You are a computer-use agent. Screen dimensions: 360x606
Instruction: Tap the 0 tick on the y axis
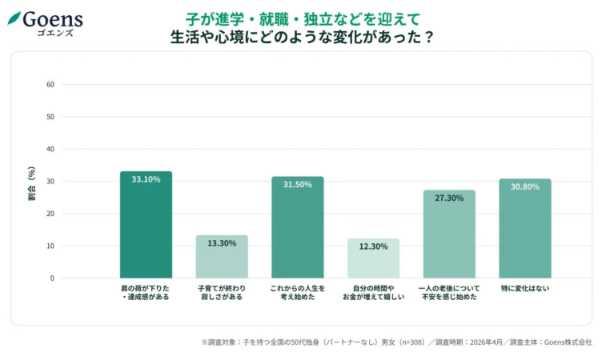tap(52, 278)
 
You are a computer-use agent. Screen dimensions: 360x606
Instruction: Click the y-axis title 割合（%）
tap(31, 182)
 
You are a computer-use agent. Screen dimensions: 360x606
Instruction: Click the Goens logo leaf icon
tap(14, 18)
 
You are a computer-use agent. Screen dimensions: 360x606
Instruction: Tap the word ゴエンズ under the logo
tap(53, 33)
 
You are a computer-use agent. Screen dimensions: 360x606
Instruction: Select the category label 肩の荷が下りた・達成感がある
tap(146, 292)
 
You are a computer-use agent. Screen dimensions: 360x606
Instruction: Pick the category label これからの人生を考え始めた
tap(297, 292)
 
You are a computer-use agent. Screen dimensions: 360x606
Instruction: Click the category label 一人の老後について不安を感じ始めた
tap(449, 292)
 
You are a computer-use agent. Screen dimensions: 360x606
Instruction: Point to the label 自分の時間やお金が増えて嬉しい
tap(373, 292)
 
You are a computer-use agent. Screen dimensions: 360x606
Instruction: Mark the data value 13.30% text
tap(222, 243)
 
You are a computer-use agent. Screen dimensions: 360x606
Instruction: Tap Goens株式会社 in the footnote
tap(568, 342)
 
